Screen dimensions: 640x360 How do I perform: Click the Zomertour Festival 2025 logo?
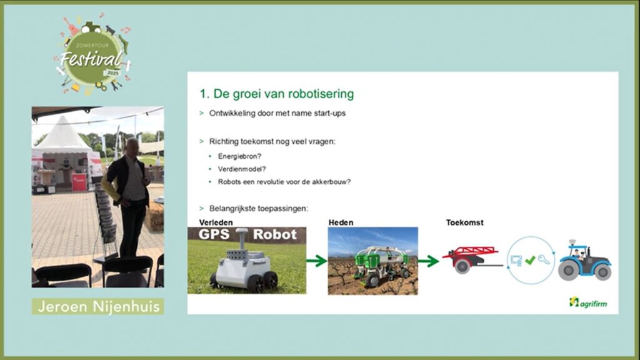(x=93, y=54)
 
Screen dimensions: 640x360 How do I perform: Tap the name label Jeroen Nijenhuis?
(x=98, y=306)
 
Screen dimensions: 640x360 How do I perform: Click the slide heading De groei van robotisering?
(x=277, y=94)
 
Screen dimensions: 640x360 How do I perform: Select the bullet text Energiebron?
(x=239, y=156)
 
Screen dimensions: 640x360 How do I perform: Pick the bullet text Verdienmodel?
(x=242, y=169)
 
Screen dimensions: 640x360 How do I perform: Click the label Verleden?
(x=216, y=222)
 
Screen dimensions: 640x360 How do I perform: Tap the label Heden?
(x=341, y=222)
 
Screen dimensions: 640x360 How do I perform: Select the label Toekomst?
(x=464, y=222)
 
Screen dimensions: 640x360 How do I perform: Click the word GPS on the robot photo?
(x=214, y=234)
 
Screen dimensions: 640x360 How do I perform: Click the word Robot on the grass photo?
(x=275, y=234)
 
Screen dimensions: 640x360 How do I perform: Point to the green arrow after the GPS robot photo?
(x=317, y=261)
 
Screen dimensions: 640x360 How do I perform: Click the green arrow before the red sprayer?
(x=428, y=261)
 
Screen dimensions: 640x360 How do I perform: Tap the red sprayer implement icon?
(x=472, y=259)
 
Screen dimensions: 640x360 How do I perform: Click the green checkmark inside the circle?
(x=530, y=260)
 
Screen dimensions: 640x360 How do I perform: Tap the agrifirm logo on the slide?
(x=588, y=302)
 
